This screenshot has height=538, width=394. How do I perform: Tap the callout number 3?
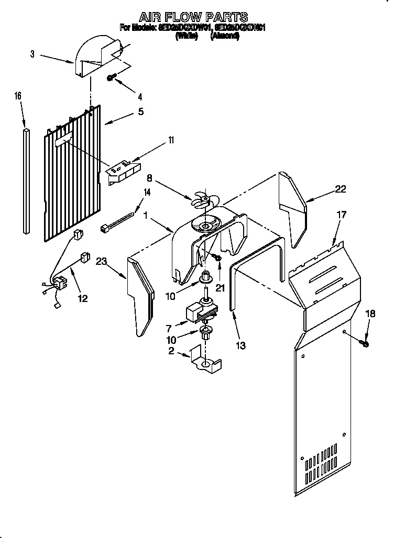pos(32,54)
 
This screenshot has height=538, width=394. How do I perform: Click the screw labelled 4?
pos(111,77)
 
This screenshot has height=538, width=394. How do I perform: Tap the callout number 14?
pos(147,192)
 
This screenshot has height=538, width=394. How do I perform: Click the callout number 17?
pos(341,214)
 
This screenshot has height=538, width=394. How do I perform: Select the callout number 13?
pos(240,345)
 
